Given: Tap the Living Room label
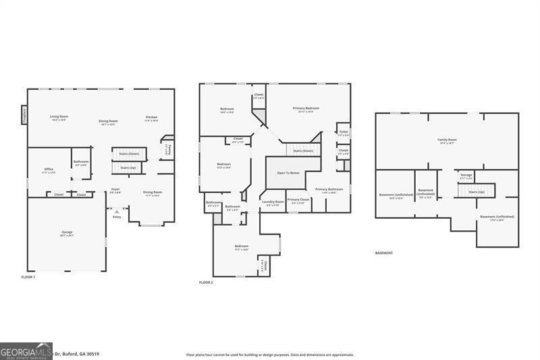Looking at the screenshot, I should (59, 117).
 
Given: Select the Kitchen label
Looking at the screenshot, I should (151, 118).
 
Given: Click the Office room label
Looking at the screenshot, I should (49, 169).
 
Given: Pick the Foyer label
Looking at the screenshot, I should (116, 190).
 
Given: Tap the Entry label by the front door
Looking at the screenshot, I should (117, 217).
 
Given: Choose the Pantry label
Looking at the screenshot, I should (170, 149).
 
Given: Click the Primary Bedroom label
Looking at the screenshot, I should (306, 108).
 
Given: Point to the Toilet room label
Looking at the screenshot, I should (343, 132).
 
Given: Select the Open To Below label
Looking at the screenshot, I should (288, 173).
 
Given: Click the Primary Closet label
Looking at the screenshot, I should (298, 200).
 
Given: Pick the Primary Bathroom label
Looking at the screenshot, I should (329, 190).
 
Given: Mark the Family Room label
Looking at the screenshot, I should (447, 140).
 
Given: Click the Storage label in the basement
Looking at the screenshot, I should (466, 175).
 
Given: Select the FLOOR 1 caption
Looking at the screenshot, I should (28, 278).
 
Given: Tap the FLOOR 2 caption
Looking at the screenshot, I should (206, 282).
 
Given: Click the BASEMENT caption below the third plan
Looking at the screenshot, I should (384, 253).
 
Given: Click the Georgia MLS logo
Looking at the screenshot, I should (26, 351).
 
